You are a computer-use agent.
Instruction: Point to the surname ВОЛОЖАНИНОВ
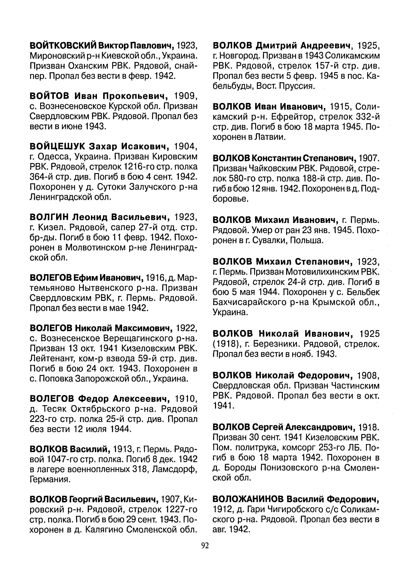pyautogui.click(x=248, y=499)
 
